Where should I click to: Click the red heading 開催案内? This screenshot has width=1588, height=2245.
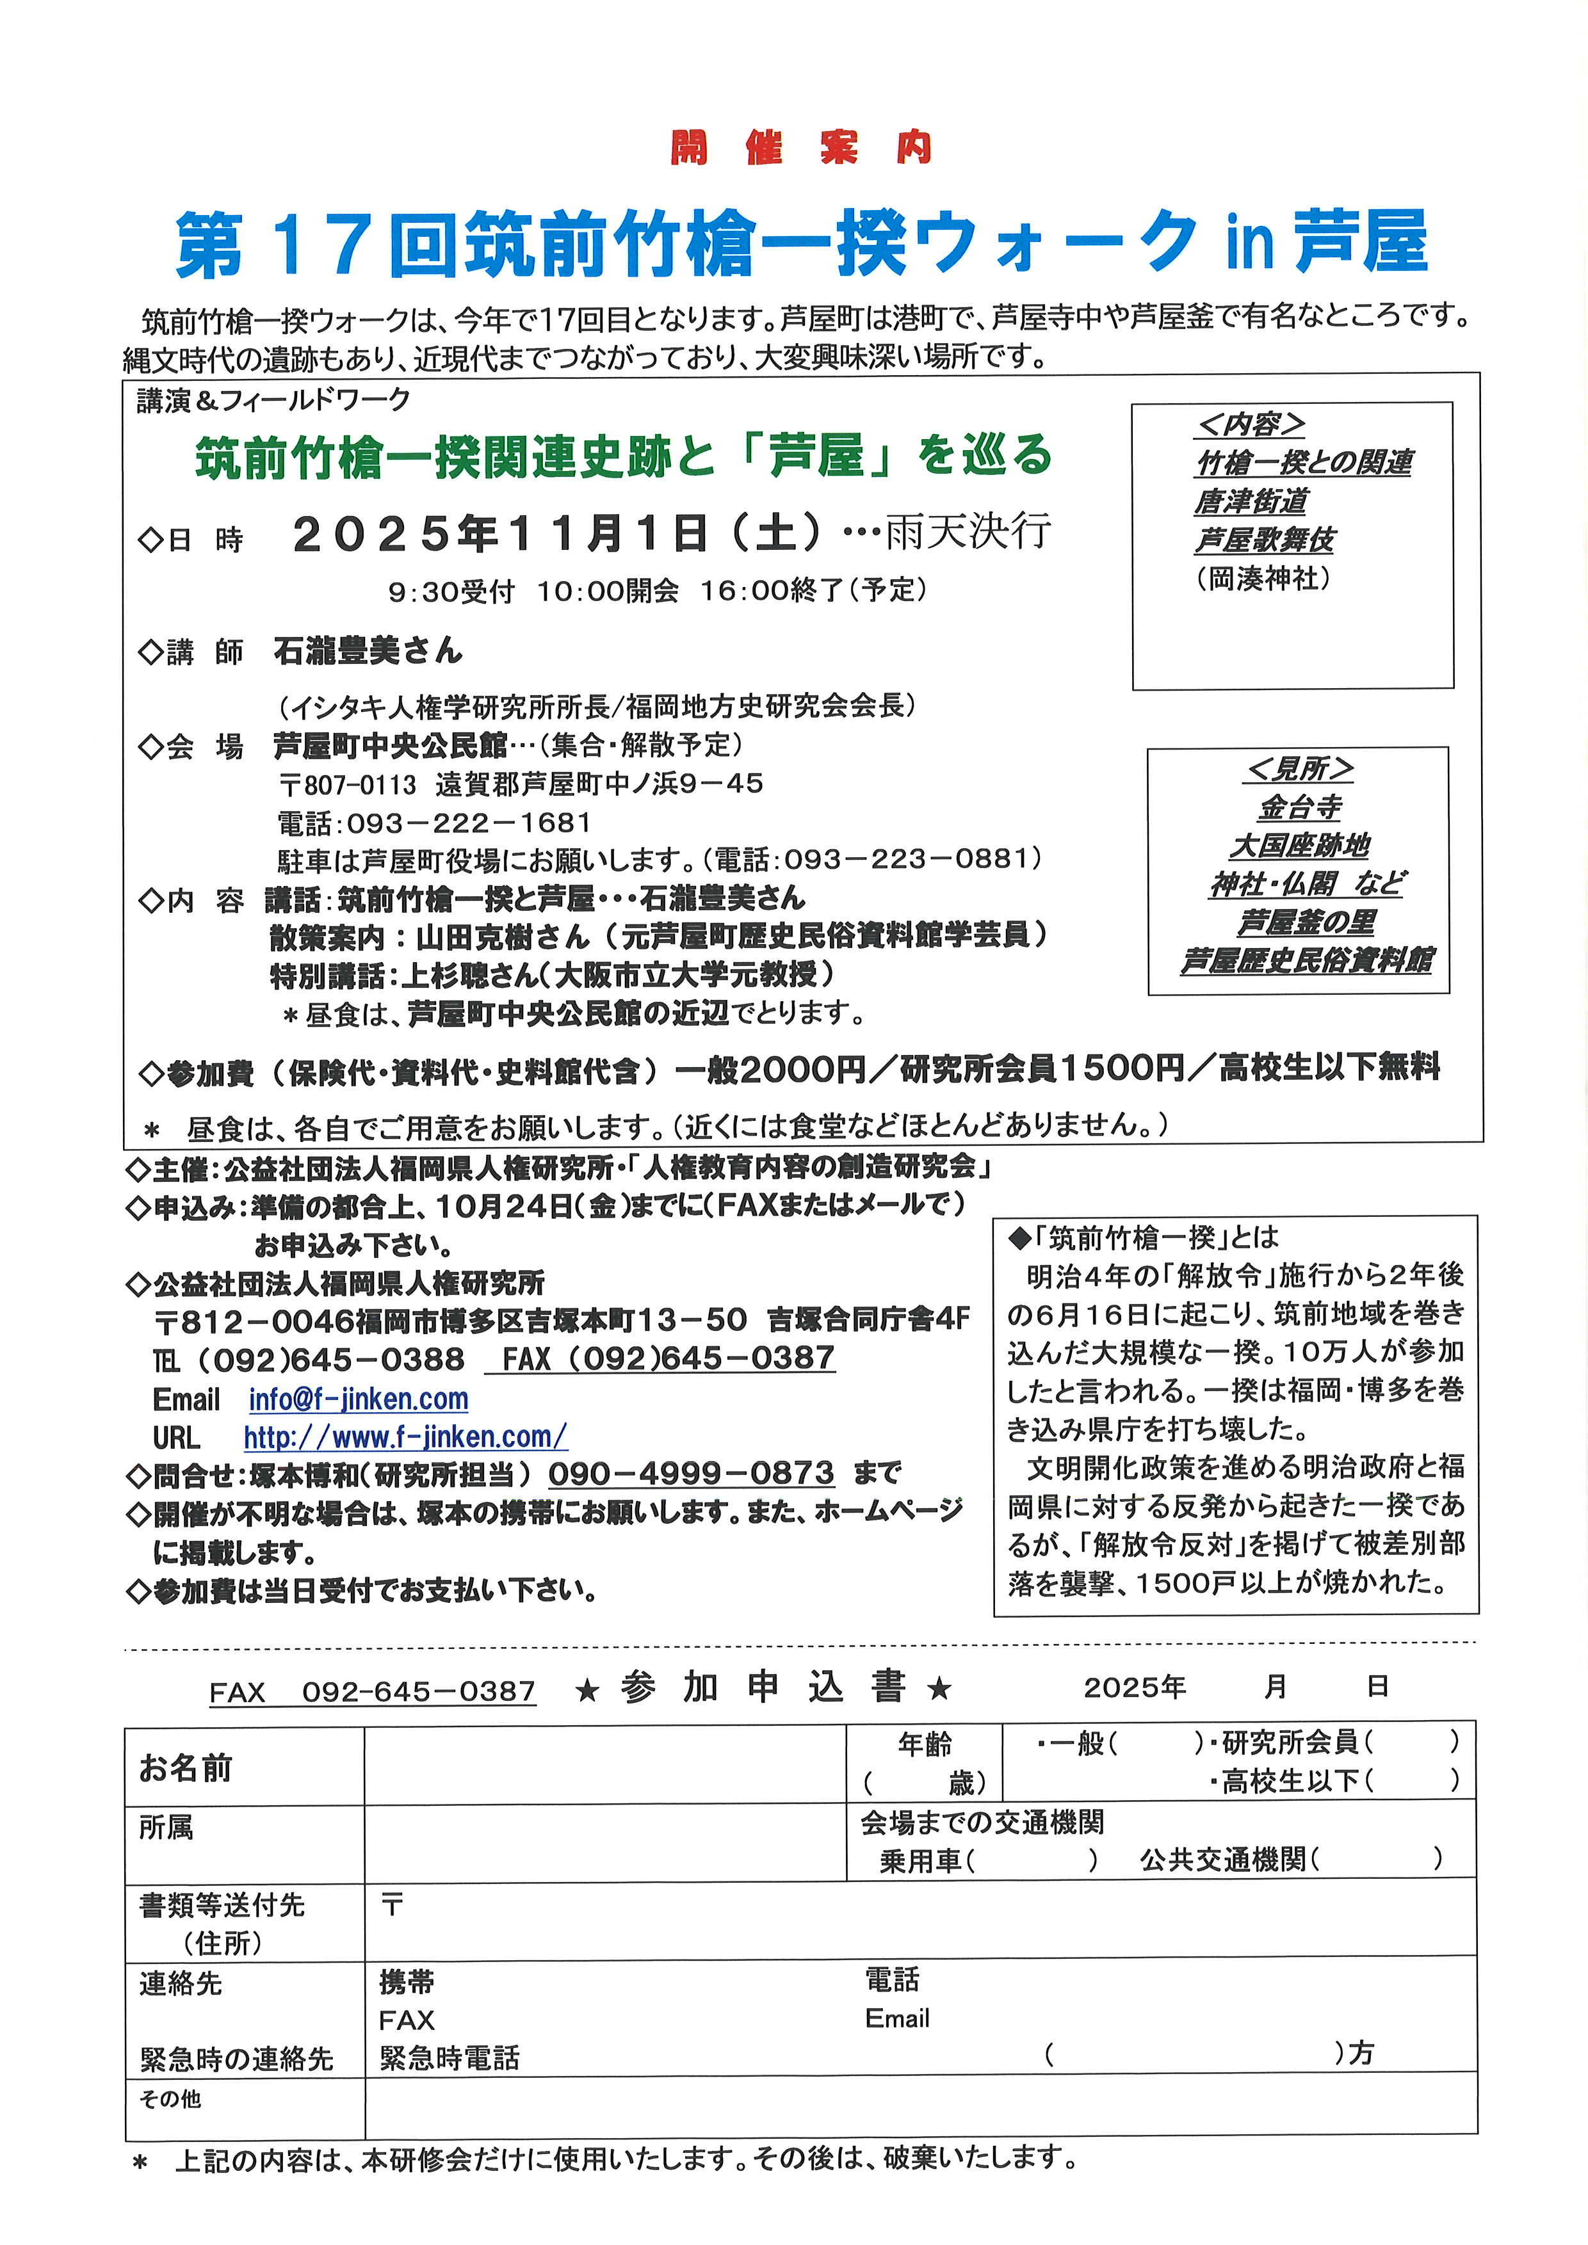801,148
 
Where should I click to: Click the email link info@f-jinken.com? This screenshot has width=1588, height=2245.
358,1399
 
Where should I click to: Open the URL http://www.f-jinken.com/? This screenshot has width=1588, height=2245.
405,1436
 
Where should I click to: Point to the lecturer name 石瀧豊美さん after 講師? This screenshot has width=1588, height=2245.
368,651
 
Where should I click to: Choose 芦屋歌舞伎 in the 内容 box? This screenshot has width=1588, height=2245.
1265,540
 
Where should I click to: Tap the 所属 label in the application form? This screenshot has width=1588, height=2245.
166,1828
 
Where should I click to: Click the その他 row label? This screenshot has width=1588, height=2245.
170,2099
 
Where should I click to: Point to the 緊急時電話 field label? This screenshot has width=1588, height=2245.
449,2058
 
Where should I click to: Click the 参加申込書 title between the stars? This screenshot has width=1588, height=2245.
763,1687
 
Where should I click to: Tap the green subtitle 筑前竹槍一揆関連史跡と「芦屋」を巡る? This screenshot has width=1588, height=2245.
623,456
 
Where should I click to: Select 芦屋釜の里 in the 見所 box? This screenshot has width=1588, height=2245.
1306,922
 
